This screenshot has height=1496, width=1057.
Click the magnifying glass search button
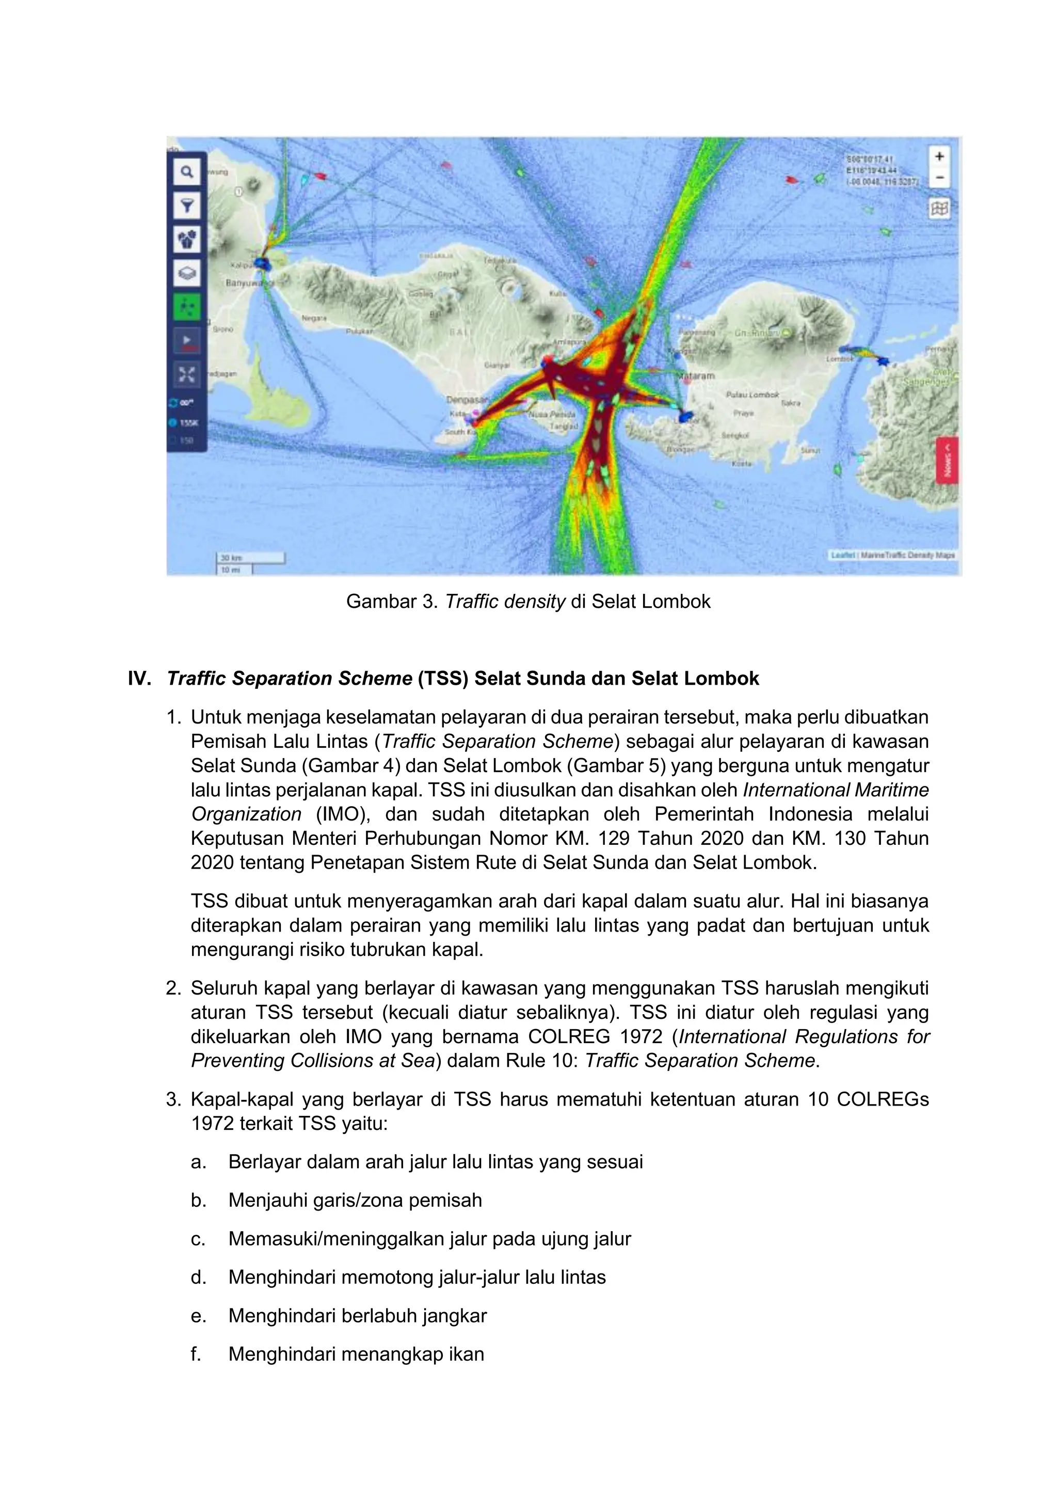[x=187, y=172]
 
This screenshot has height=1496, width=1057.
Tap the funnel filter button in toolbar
[x=187, y=206]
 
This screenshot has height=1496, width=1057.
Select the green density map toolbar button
[x=187, y=307]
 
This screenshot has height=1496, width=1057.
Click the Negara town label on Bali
[x=314, y=319]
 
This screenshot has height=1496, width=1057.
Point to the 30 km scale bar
[x=250, y=558]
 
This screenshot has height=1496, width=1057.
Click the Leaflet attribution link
[x=842, y=555]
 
